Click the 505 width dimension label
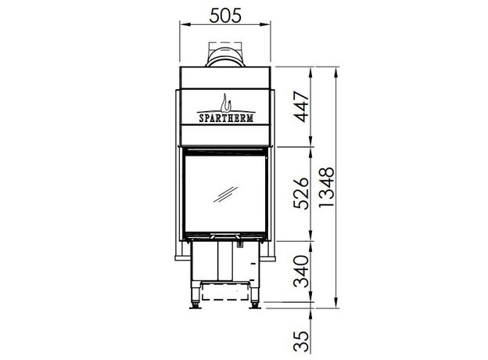225,15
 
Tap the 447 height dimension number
302,106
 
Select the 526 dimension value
302,193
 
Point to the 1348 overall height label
327,187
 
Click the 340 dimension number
302,272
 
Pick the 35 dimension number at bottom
302,341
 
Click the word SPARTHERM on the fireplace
226,118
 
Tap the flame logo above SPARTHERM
226,103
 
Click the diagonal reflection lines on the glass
225,195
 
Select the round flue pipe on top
225,57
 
